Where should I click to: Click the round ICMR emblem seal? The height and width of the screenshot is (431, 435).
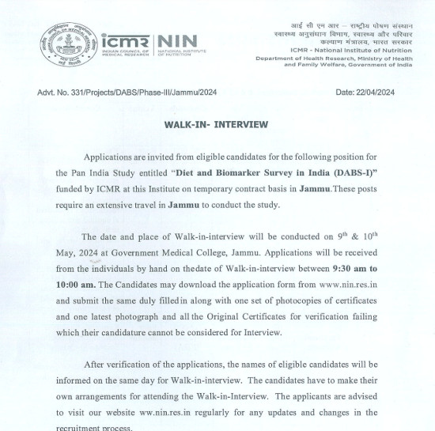(x=68, y=43)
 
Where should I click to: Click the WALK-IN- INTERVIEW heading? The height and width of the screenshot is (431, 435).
(x=216, y=124)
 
